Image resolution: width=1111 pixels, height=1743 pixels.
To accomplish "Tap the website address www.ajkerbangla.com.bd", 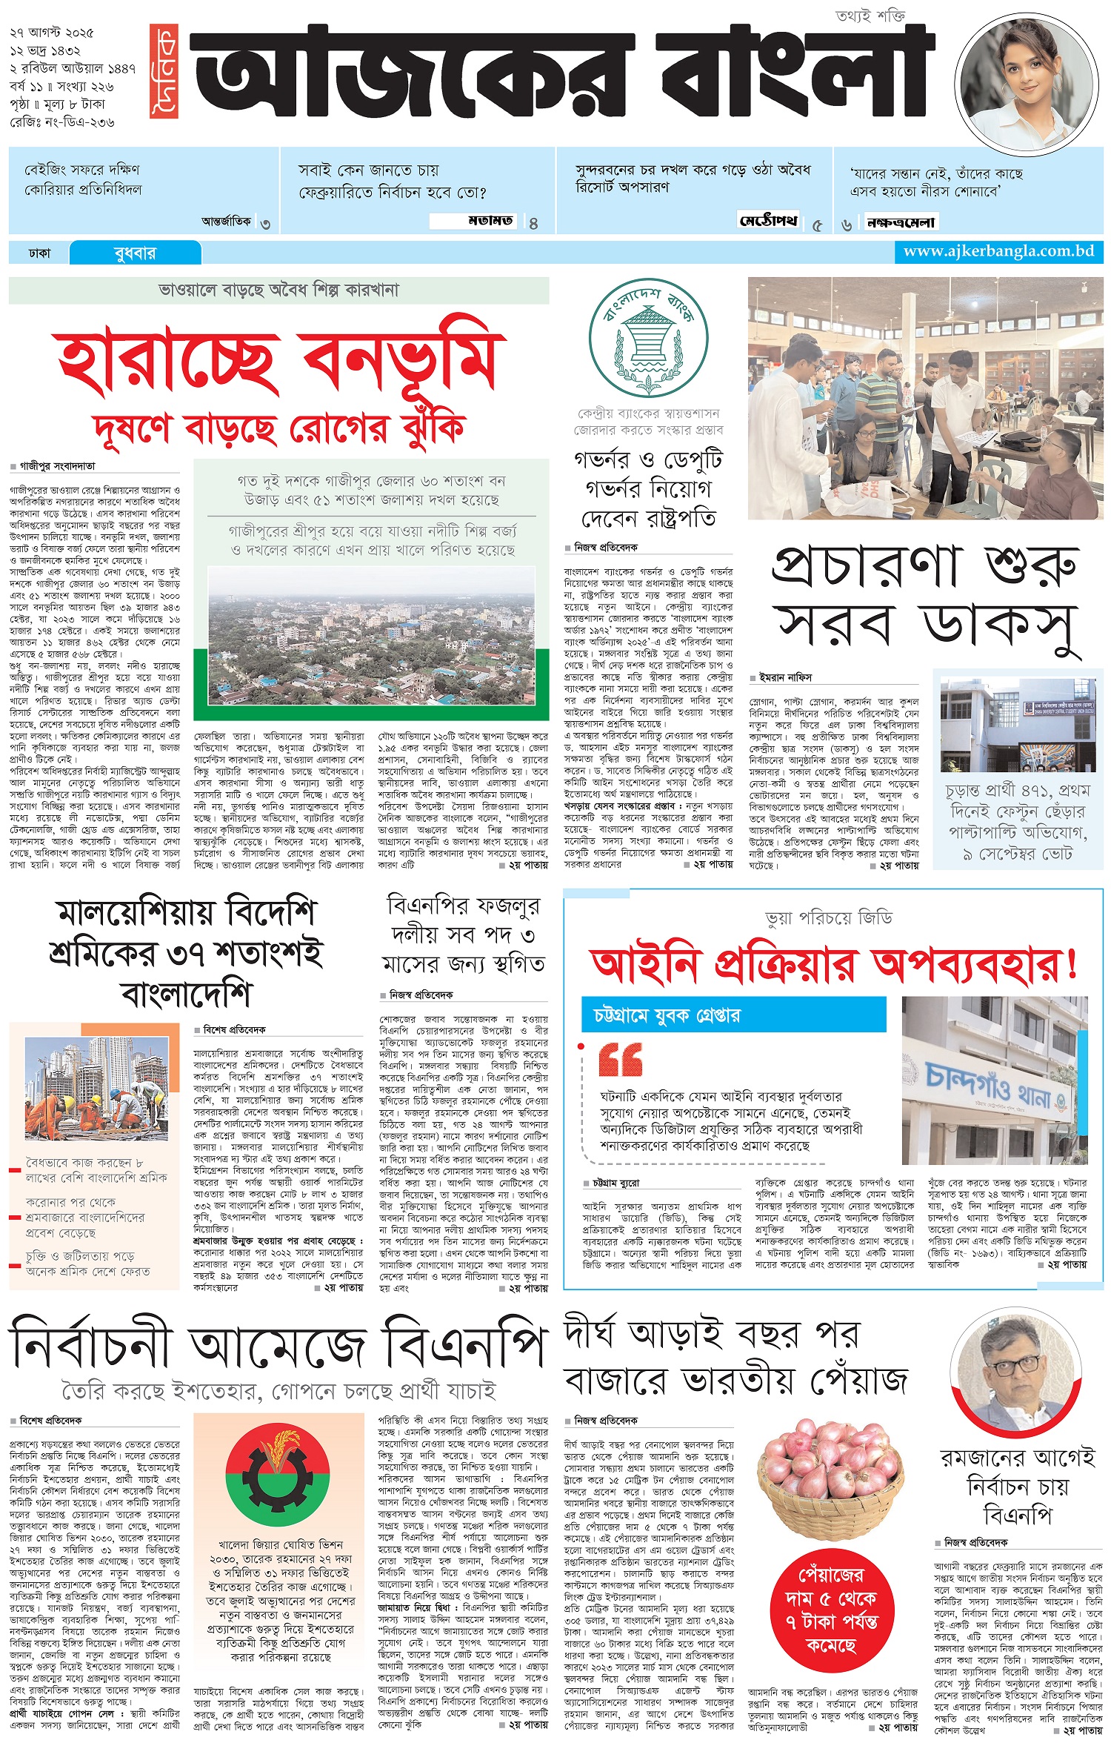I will tap(998, 251).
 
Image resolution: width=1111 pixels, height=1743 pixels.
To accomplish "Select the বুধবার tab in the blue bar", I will tap(135, 253).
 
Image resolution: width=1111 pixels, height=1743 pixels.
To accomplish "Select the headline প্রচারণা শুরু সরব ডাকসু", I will tap(925, 601).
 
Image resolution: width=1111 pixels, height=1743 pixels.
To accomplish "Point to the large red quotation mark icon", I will tap(621, 1060).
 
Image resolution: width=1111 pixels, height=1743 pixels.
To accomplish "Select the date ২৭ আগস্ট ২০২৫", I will tap(52, 33).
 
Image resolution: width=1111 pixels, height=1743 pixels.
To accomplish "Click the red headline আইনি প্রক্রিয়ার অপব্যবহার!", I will tap(833, 965).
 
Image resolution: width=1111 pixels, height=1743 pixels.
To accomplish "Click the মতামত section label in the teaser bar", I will tap(490, 221).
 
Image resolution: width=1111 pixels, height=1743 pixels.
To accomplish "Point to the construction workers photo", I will tap(95, 1085).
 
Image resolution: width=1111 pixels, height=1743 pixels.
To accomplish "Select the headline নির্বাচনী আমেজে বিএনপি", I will tap(278, 1343).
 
